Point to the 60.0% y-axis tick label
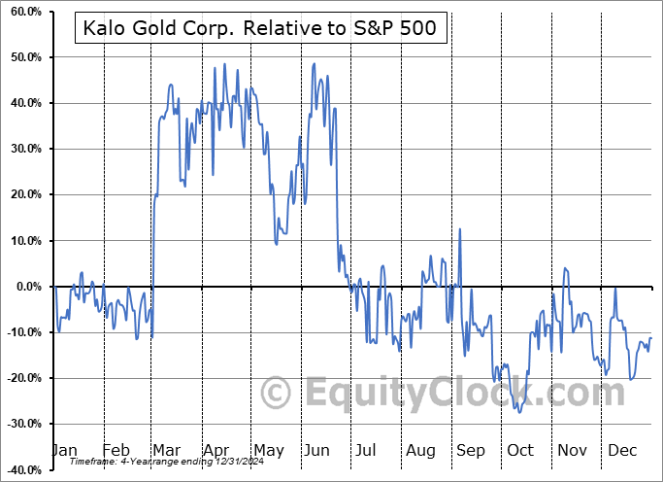pyautogui.click(x=25, y=12)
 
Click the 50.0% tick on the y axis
pyautogui.click(x=25, y=57)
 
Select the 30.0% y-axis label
pyautogui.click(x=25, y=149)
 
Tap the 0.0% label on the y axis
pyautogui.click(x=28, y=287)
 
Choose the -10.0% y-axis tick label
pyautogui.click(x=23, y=332)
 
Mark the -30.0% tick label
pyautogui.click(x=23, y=424)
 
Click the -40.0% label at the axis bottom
pyautogui.click(x=23, y=469)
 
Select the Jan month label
pyautogui.click(x=64, y=450)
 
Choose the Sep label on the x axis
pyautogui.click(x=471, y=450)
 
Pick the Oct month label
pyautogui.click(x=520, y=450)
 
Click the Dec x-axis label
pyautogui.click(x=621, y=450)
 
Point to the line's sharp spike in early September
pyautogui.click(x=460, y=229)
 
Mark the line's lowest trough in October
pyautogui.click(x=519, y=412)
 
